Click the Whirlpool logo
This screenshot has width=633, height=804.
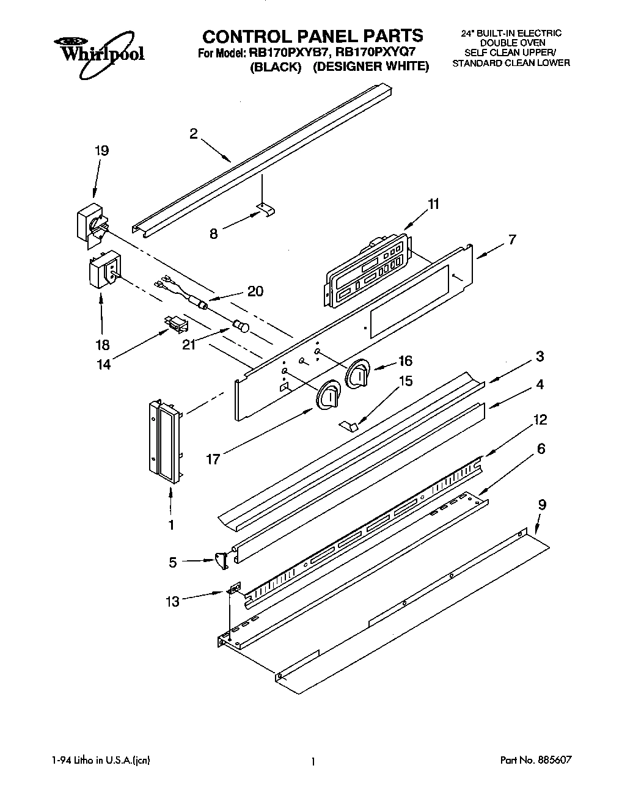coord(98,53)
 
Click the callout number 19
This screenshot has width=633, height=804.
coord(101,150)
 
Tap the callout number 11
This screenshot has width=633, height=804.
coord(433,204)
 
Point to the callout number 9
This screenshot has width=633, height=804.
coord(542,505)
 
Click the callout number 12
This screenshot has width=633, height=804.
coord(540,420)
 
